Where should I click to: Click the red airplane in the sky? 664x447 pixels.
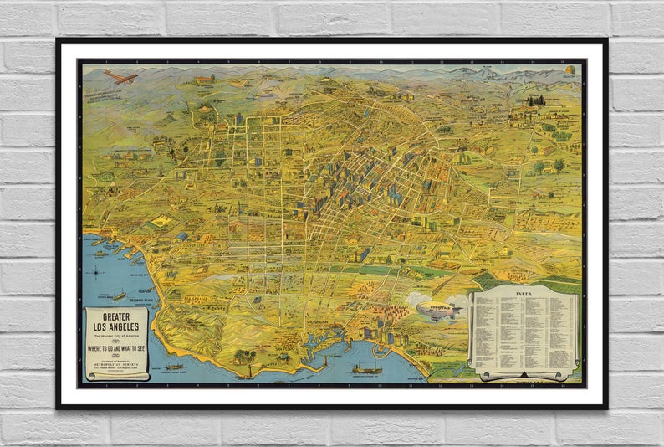pos(120,76)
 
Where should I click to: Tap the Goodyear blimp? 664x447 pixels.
pos(436,310)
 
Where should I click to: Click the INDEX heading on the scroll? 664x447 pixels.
pos(524,295)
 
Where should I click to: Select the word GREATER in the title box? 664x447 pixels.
pos(116,316)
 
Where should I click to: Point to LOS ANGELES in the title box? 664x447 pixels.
pos(116,326)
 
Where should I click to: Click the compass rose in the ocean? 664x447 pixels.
pos(100,271)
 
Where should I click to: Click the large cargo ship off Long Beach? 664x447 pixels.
pos(366,367)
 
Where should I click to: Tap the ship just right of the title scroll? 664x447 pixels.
pos(174,366)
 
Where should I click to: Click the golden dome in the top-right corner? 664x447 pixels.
pos(570,72)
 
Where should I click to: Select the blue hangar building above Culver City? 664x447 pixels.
pos(182,237)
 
